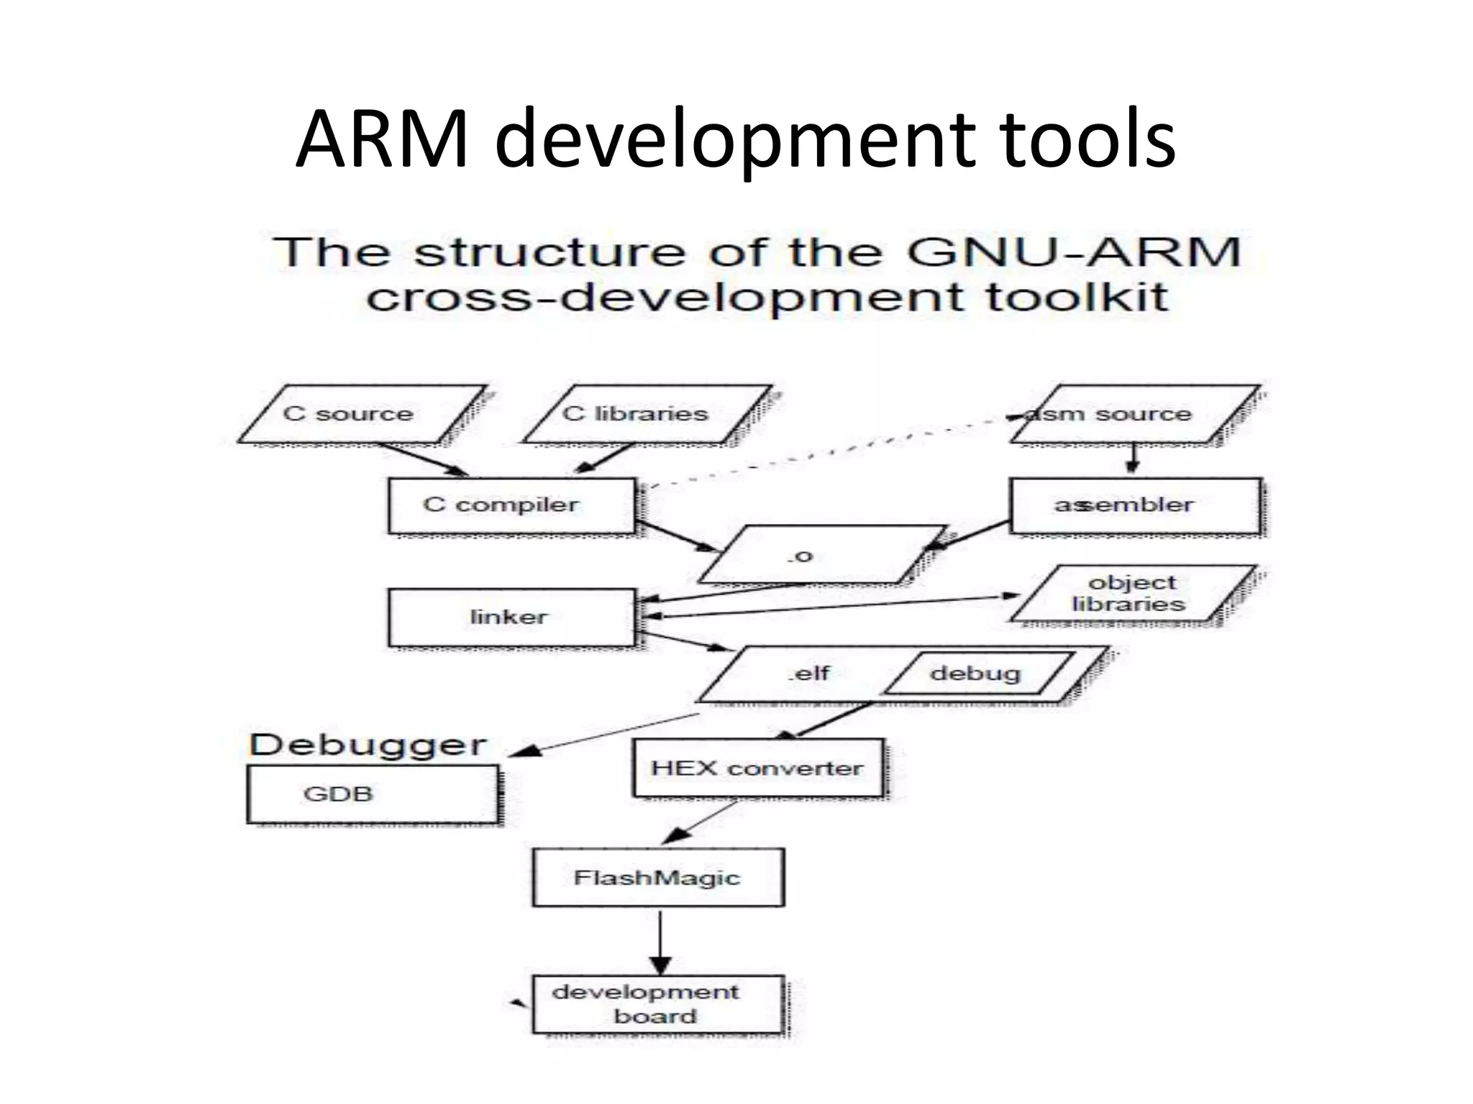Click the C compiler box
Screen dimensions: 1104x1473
(511, 505)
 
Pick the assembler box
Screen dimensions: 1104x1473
(1134, 505)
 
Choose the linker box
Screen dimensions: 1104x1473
(511, 617)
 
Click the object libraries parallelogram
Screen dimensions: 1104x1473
(1133, 594)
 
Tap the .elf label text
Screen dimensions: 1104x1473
(808, 674)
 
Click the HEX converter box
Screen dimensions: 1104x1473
(757, 768)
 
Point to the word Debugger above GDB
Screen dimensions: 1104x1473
(368, 745)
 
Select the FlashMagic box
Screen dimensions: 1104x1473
(657, 878)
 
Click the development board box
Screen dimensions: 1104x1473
(657, 1004)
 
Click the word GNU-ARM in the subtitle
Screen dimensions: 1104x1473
(1073, 253)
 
